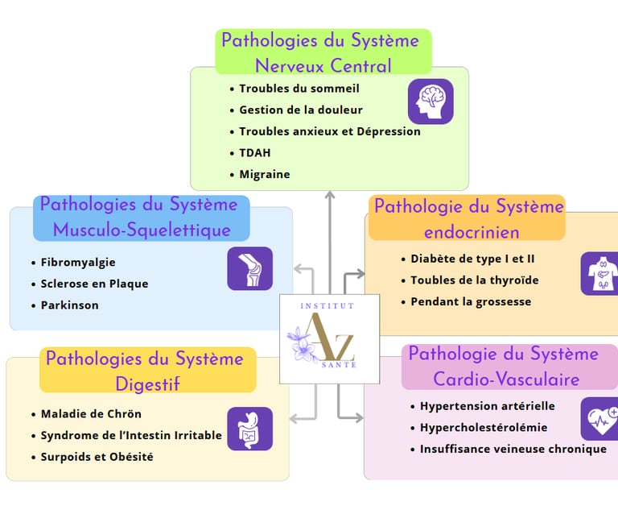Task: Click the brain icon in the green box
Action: (431, 102)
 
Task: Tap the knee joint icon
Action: (249, 268)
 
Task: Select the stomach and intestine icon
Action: (249, 429)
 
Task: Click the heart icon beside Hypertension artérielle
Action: (599, 419)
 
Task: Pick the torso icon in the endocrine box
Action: (599, 274)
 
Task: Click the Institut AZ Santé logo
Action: (318, 338)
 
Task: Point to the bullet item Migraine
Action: (264, 174)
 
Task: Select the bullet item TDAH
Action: (255, 152)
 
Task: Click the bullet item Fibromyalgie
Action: (78, 262)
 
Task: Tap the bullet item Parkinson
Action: (69, 305)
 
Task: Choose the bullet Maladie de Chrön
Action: (91, 413)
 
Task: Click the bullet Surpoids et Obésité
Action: (97, 457)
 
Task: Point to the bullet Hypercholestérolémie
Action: (484, 427)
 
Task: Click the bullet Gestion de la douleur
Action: (301, 110)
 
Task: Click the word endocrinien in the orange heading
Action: (472, 232)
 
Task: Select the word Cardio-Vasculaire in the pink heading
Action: (506, 378)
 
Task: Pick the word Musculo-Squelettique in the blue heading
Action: (142, 230)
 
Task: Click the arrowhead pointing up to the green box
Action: (329, 195)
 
